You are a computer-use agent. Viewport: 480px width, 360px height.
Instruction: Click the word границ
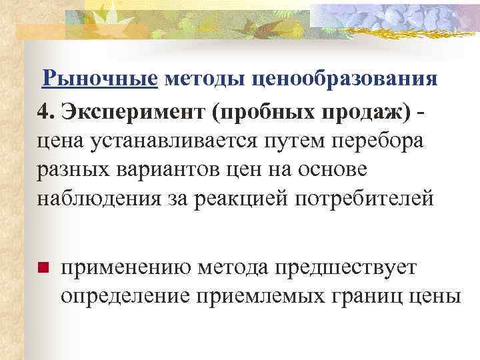pyautogui.click(x=378, y=295)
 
